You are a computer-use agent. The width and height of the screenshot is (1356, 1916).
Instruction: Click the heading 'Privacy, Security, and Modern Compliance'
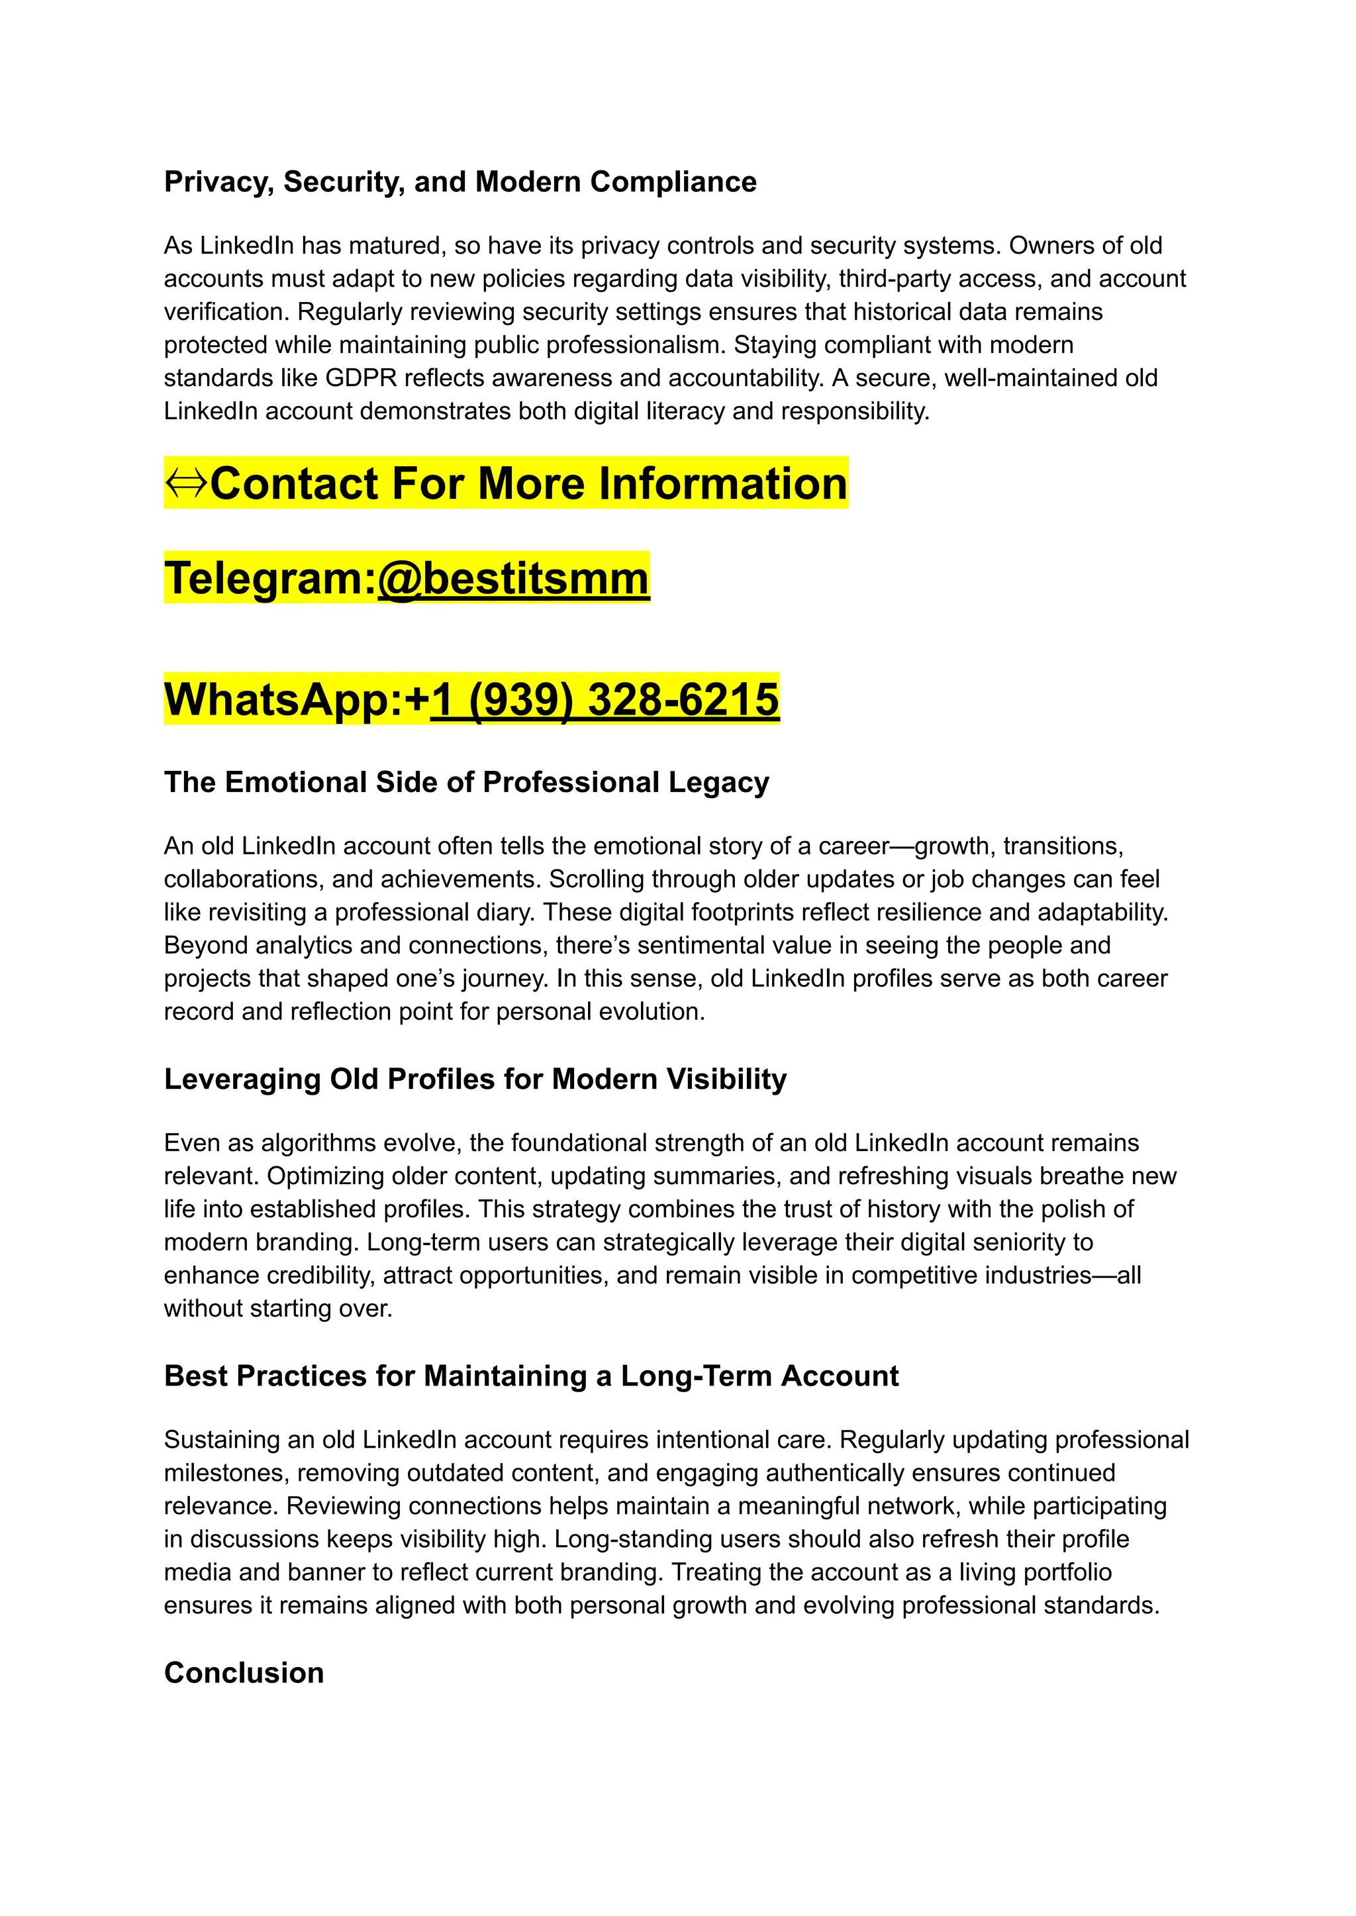[x=460, y=182]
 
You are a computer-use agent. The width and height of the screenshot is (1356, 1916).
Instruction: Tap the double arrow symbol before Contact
[x=185, y=483]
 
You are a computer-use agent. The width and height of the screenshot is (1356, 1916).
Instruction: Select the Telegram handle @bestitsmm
[x=512, y=578]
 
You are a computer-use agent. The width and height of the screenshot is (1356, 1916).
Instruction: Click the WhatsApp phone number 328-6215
[x=683, y=699]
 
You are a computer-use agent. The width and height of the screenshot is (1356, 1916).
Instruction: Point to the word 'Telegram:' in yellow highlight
[x=269, y=578]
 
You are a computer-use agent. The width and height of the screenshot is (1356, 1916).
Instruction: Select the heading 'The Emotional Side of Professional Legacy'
[x=466, y=783]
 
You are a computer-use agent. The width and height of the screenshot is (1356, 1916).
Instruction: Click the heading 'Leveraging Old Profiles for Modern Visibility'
[x=475, y=1079]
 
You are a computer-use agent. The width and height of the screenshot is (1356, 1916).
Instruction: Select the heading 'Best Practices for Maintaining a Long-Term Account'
[x=531, y=1376]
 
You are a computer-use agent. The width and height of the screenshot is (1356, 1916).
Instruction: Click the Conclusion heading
[x=244, y=1673]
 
